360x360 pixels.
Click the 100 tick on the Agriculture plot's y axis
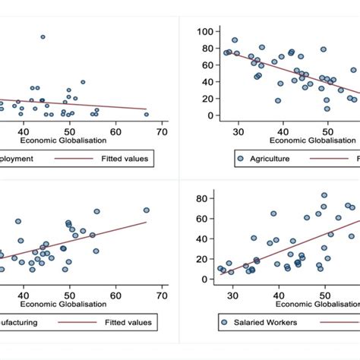[x=204, y=30]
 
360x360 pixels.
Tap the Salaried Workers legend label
[x=267, y=323]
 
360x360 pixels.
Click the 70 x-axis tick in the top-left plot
[x=162, y=131]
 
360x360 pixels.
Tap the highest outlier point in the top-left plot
[x=43, y=36]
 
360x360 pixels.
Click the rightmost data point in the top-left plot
[x=146, y=114]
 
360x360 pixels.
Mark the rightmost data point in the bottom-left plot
[x=146, y=210]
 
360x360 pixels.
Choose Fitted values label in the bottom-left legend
[x=128, y=323]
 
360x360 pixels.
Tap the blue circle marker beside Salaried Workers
[x=224, y=323]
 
